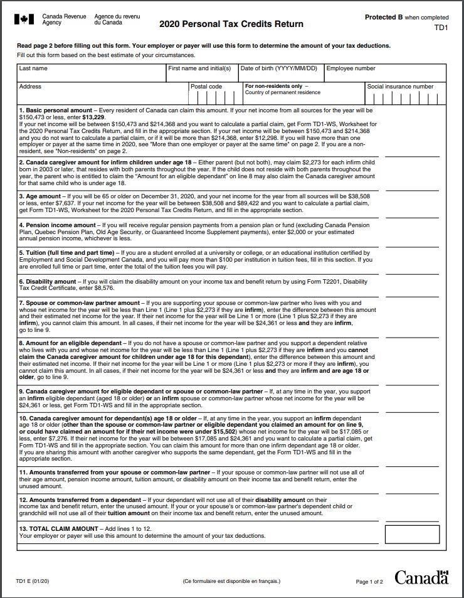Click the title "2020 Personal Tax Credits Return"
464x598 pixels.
tap(231, 24)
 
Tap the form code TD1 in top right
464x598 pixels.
tap(441, 28)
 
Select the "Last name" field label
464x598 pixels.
tap(33, 68)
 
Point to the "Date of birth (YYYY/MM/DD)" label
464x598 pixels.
tap(279, 68)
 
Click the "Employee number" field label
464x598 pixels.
tap(351, 68)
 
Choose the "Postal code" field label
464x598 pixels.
tap(206, 87)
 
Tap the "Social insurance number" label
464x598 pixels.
tap(400, 87)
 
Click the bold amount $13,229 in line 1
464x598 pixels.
tap(93, 117)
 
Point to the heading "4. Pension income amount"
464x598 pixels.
tap(57, 224)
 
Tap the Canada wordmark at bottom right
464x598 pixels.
tap(422, 577)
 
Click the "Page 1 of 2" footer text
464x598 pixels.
tap(369, 582)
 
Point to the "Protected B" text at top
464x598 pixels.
tap(384, 18)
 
